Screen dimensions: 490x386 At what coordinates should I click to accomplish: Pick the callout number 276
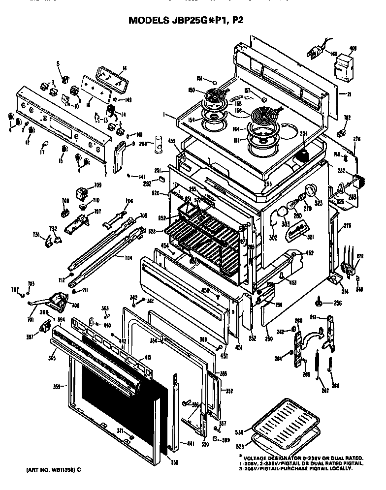[357, 139]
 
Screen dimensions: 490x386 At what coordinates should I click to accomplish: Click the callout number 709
[98, 185]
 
